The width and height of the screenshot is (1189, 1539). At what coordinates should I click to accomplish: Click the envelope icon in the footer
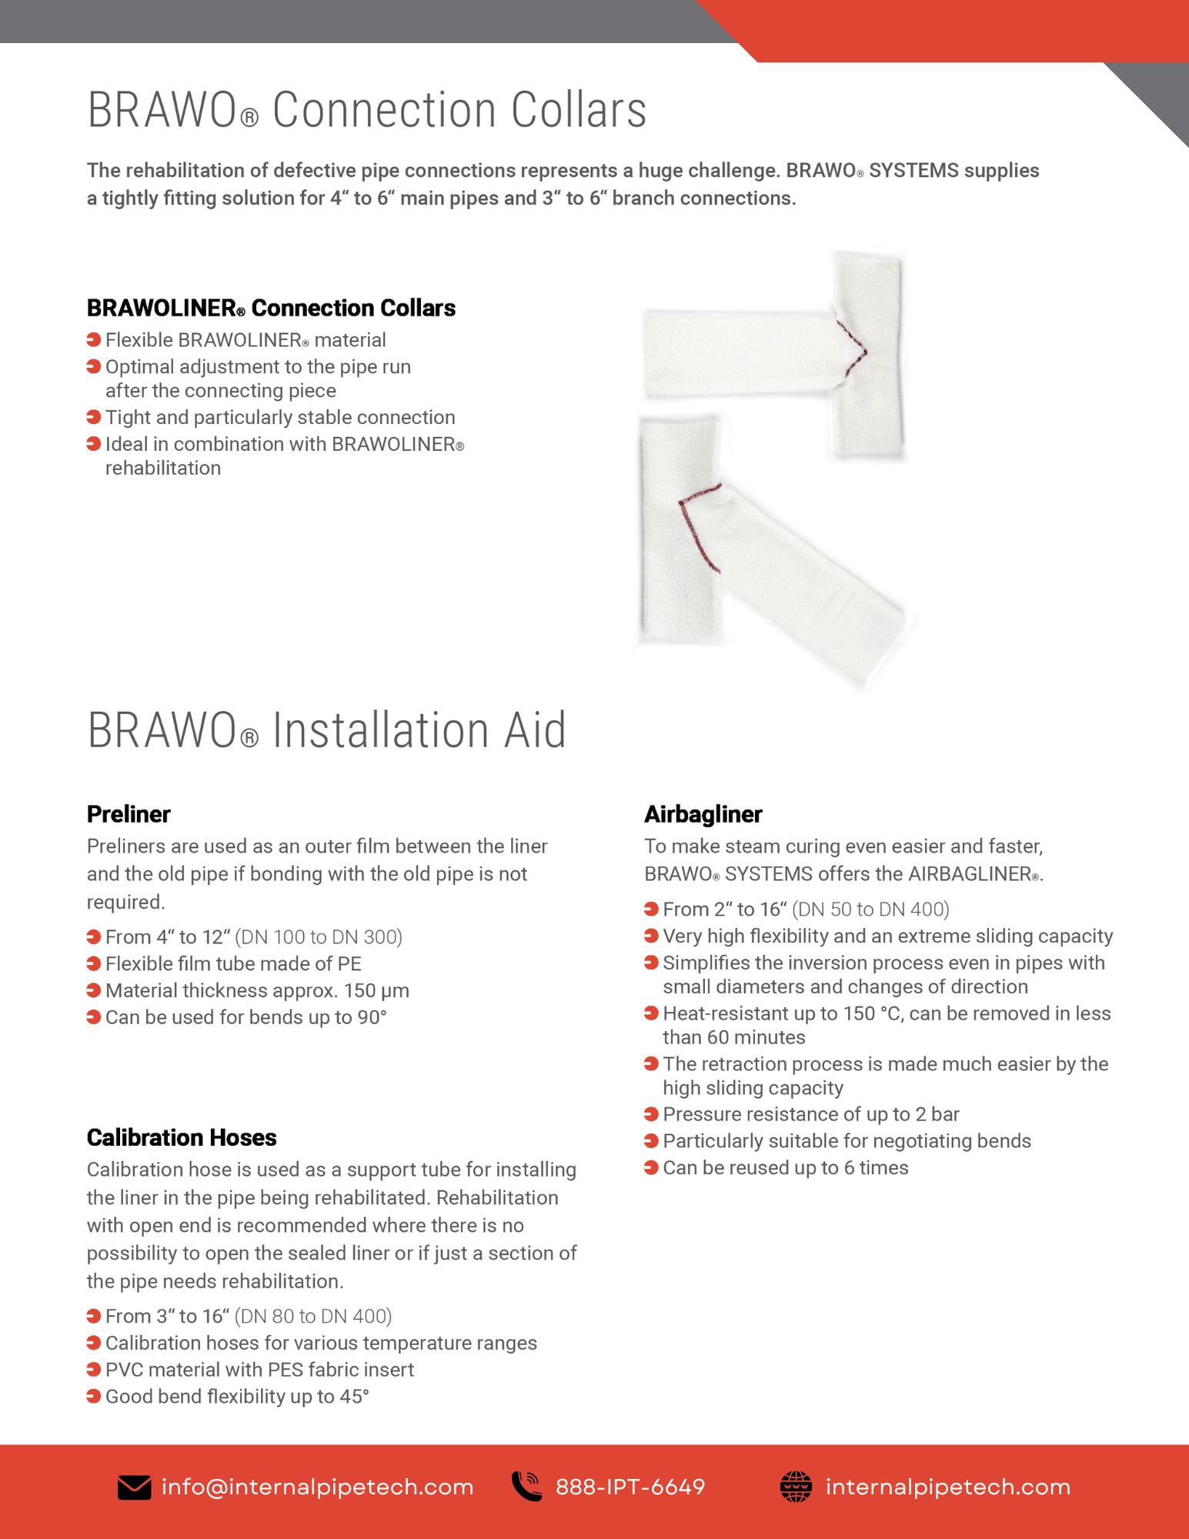(x=134, y=1487)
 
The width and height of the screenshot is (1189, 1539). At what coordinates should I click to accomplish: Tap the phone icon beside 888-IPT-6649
(x=527, y=1486)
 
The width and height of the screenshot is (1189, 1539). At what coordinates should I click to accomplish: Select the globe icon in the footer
(x=796, y=1486)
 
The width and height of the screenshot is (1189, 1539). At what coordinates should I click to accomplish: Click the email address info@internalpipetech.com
(x=317, y=1487)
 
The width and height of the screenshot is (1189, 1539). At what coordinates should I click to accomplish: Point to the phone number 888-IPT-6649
(x=630, y=1487)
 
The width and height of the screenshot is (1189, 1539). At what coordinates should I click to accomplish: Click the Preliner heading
(x=129, y=814)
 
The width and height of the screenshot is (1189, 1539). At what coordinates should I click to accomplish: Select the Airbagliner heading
(x=703, y=814)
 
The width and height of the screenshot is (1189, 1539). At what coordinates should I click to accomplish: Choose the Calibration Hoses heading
(x=182, y=1137)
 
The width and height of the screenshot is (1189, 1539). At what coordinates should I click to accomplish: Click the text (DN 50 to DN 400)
(x=870, y=910)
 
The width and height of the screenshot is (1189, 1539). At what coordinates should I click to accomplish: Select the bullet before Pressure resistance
(x=651, y=1114)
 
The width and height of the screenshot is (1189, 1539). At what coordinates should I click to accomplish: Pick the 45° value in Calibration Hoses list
(x=354, y=1397)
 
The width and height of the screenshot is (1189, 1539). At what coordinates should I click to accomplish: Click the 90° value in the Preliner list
(x=372, y=1017)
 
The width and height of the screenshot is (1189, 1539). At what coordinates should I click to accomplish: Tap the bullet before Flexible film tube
(x=94, y=963)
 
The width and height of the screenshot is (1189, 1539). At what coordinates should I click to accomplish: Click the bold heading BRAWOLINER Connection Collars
(x=271, y=308)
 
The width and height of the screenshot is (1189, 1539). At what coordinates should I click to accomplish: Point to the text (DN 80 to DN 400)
(x=313, y=1317)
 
